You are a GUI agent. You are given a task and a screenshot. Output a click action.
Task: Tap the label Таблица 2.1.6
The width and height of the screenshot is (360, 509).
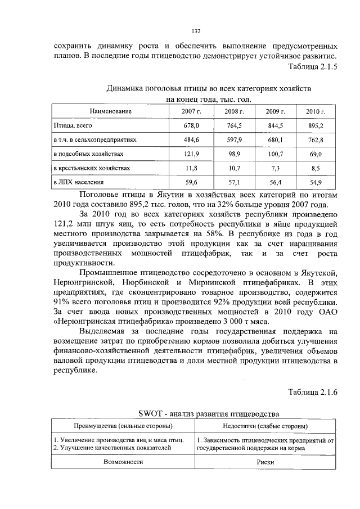312,391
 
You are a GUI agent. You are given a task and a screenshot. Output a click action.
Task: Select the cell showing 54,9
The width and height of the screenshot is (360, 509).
316,182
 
